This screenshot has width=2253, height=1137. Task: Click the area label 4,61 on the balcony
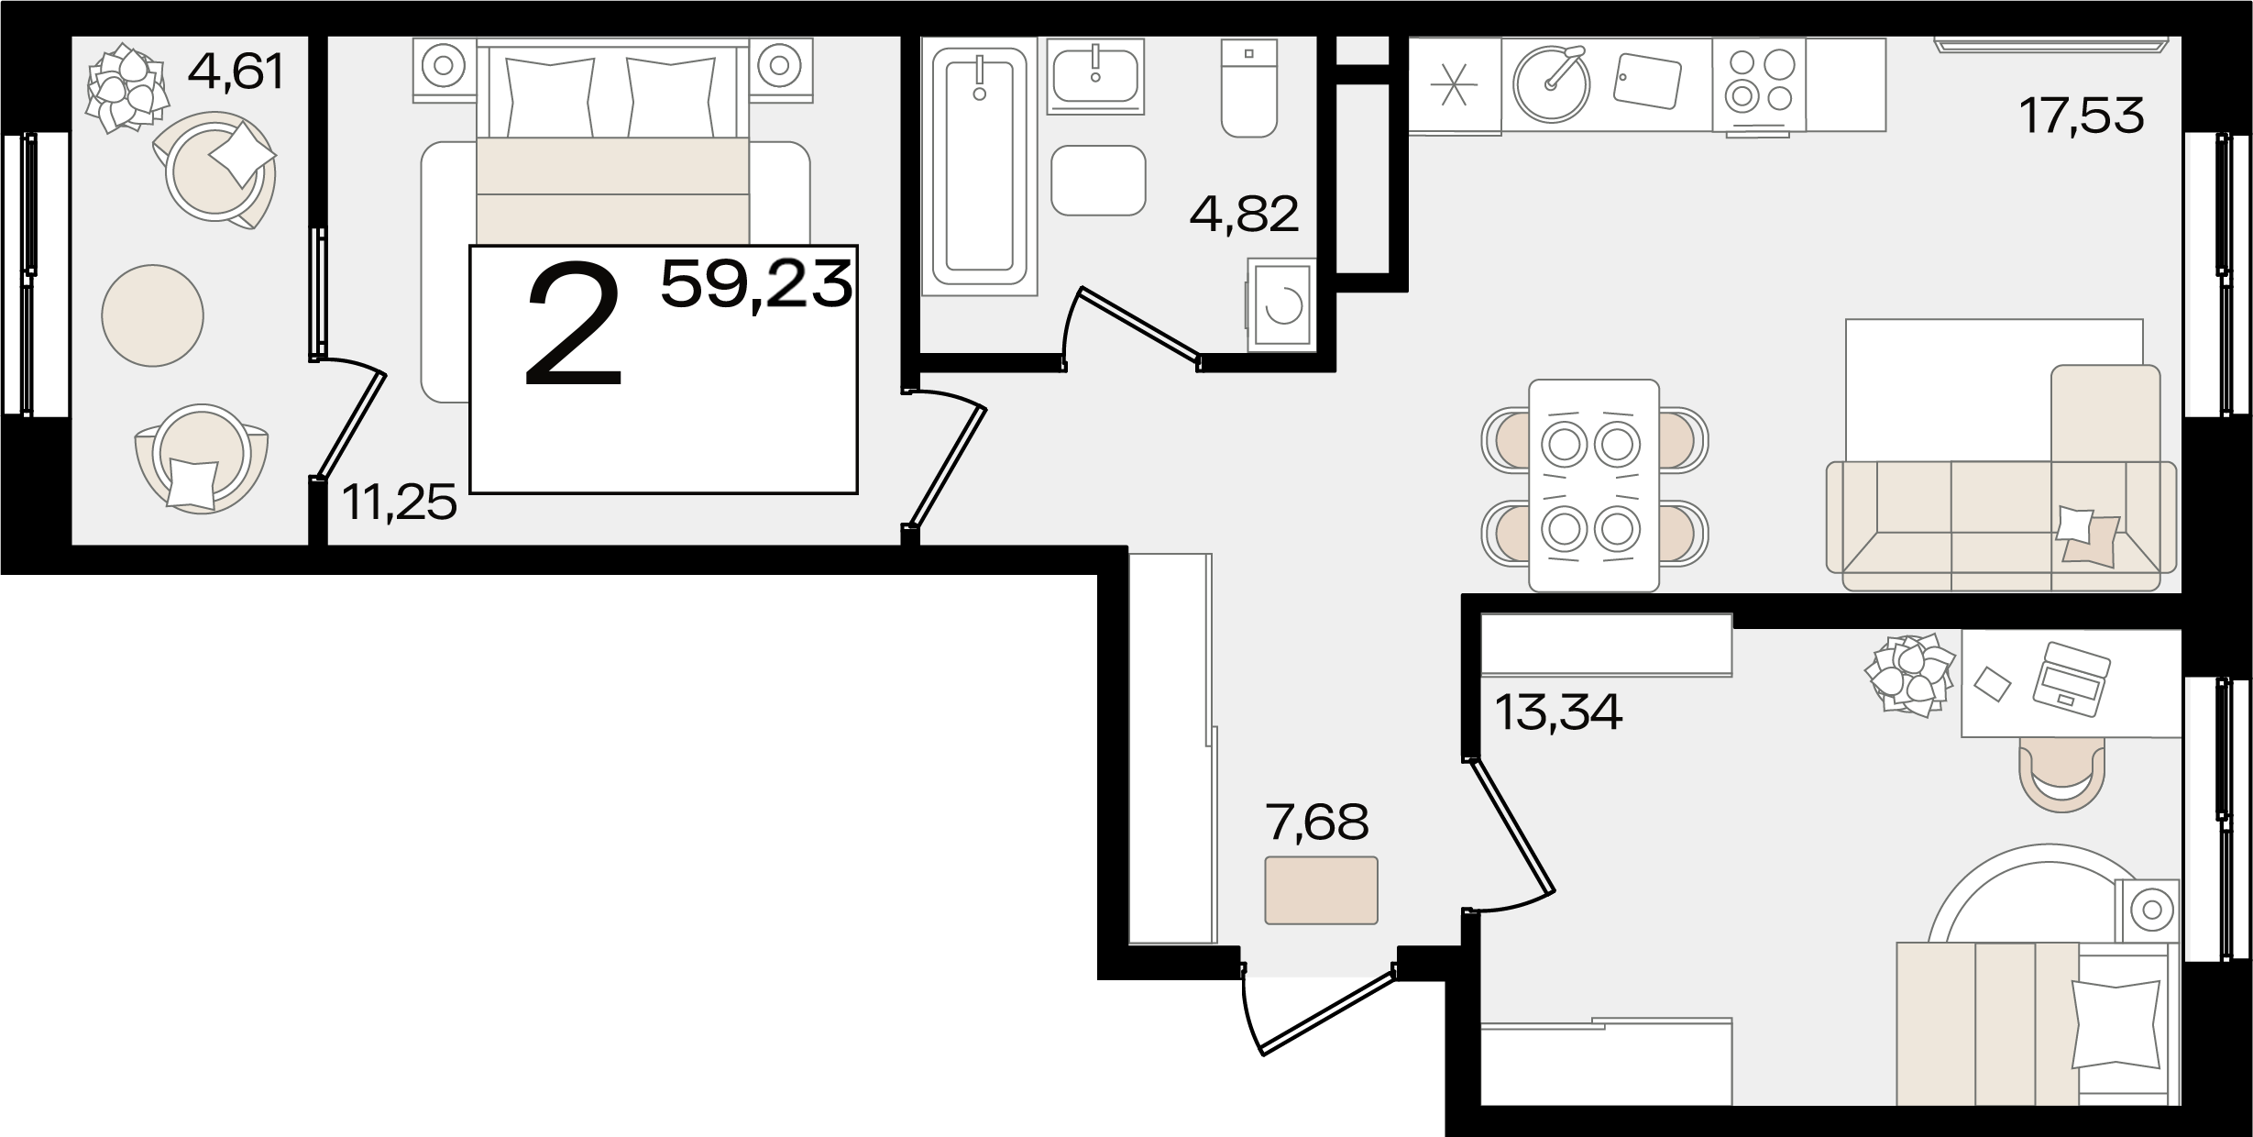click(x=236, y=72)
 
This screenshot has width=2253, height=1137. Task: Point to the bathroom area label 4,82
click(x=1244, y=215)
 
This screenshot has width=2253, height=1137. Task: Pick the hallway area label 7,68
click(x=1316, y=822)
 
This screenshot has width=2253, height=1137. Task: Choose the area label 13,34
click(x=1558, y=712)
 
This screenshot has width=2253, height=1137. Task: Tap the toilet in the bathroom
click(x=1248, y=88)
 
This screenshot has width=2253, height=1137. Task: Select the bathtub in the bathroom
click(x=979, y=167)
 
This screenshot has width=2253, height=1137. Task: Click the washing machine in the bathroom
click(x=1280, y=304)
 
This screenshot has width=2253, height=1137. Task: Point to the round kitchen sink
click(x=1551, y=83)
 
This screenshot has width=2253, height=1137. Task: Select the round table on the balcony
click(x=152, y=315)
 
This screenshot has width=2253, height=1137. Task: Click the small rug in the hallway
click(x=1321, y=890)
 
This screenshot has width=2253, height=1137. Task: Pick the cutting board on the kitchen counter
click(x=1647, y=82)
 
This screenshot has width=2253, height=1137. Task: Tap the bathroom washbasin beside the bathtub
click(x=1095, y=76)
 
